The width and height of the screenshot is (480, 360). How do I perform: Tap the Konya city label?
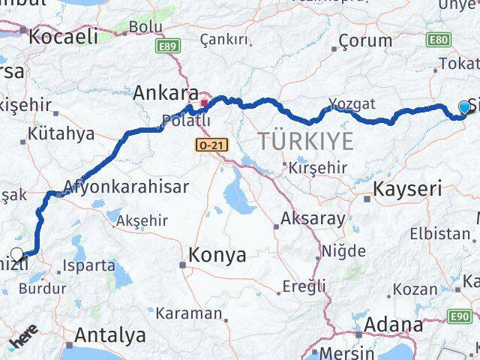tap(217, 255)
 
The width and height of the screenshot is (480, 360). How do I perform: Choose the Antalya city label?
tap(109, 333)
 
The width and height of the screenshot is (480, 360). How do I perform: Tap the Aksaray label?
tap(313, 220)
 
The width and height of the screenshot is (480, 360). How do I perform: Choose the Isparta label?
tap(90, 265)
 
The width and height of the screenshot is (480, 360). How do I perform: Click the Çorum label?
tap(365, 40)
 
